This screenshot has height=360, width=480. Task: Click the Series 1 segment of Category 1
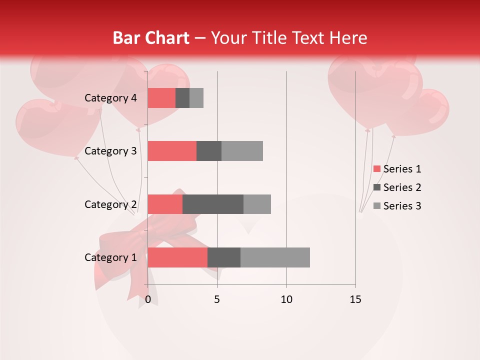pos(177,257)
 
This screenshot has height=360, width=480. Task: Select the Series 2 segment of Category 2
pos(213,204)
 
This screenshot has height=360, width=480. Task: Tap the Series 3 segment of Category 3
pos(242,151)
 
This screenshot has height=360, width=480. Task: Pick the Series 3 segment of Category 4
pos(196,98)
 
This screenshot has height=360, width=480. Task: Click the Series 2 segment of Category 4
pos(182,98)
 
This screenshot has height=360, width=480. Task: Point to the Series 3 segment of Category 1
pos(275,257)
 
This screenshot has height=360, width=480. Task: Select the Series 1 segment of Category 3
pos(172,151)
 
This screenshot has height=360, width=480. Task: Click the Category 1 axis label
pos(110,257)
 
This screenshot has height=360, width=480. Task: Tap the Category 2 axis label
pos(110,204)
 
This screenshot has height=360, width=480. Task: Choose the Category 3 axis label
pos(110,151)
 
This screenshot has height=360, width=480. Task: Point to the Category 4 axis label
pos(110,98)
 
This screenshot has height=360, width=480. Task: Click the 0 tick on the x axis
pos(148,299)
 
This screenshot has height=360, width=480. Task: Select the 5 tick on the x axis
pos(217,299)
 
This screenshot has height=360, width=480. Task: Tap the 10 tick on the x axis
pos(286,299)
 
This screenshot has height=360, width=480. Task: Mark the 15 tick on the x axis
pos(355,299)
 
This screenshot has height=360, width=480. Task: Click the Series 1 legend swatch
pos(376,169)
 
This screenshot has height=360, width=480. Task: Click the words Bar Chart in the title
pos(151,38)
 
